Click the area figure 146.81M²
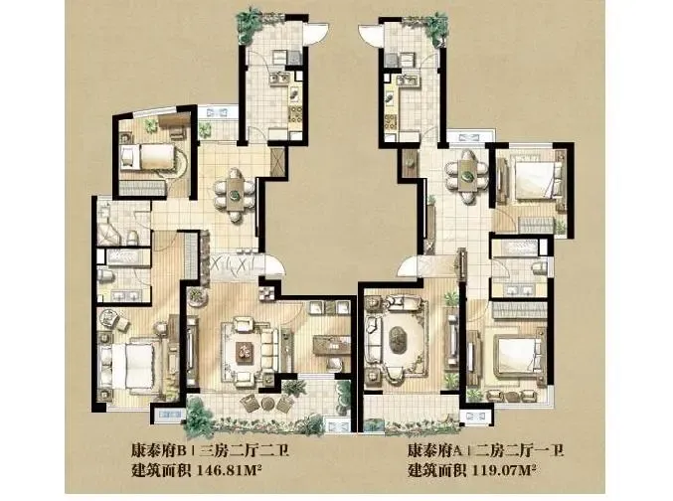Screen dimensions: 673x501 click(229, 470)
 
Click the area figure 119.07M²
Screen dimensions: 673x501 click(504, 470)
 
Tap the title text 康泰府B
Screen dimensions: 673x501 click(158, 451)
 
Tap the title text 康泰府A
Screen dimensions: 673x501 click(434, 451)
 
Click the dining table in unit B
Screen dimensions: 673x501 click(235, 195)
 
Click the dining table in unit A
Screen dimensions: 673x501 click(466, 175)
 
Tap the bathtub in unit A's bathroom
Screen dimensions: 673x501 click(515, 249)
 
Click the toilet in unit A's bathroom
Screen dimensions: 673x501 click(539, 268)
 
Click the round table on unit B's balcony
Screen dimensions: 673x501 click(267, 404)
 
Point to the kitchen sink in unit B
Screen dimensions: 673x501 click(278, 79)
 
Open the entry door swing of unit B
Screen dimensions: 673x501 click(275, 264)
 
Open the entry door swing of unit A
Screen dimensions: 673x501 click(409, 264)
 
